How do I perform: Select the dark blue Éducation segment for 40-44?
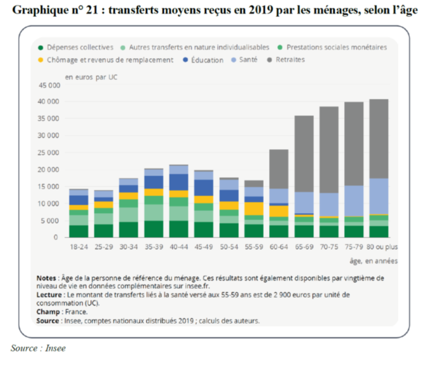[179, 182]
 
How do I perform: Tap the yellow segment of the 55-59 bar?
[254, 208]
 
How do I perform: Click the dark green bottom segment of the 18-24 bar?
[78, 231]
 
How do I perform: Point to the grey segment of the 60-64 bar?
[279, 169]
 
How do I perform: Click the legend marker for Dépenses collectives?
[41, 48]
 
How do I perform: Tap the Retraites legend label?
[290, 60]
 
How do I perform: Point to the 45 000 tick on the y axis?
[49, 85]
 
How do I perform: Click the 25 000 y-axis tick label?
[49, 153]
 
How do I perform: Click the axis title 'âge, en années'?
[373, 261]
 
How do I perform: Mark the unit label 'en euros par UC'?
[91, 77]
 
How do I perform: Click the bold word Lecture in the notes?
[49, 295]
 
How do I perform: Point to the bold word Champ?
[48, 312]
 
